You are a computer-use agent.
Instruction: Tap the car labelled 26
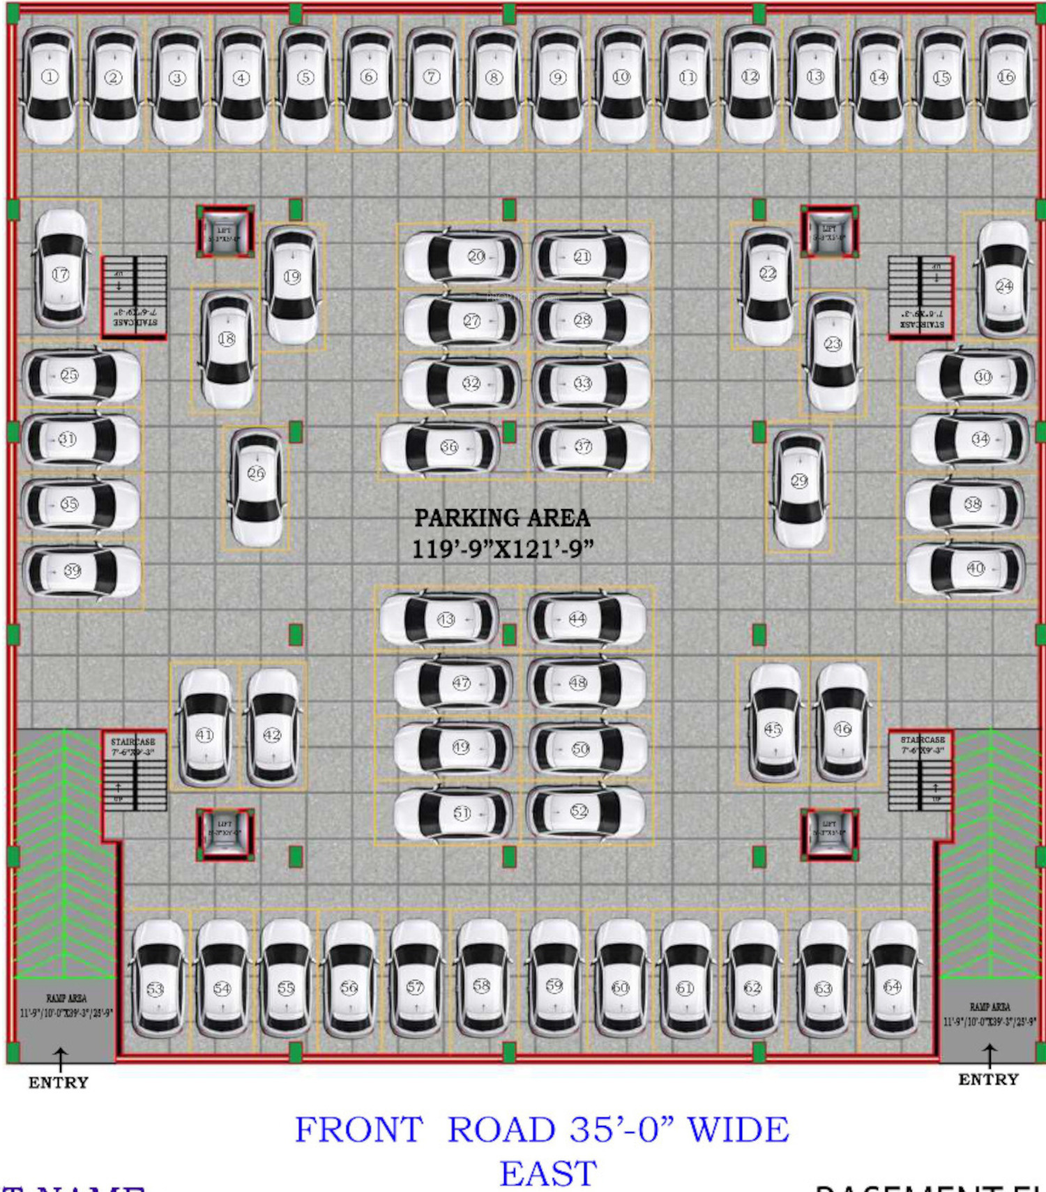[257, 488]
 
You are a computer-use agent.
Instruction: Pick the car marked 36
[441, 448]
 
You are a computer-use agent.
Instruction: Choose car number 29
[799, 489]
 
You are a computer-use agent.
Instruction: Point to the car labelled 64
[893, 978]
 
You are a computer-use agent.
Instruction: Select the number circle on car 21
[582, 257]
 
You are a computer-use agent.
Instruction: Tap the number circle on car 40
[976, 568]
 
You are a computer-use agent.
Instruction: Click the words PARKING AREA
[502, 518]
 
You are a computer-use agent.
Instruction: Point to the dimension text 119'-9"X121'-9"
[502, 549]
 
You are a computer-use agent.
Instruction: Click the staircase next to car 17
[135, 298]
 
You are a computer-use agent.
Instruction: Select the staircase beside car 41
[135, 770]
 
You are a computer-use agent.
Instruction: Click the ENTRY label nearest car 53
[59, 1082]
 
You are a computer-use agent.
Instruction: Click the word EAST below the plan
[548, 1173]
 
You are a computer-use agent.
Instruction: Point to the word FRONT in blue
[358, 1130]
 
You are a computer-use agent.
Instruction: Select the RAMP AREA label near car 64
[990, 1006]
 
